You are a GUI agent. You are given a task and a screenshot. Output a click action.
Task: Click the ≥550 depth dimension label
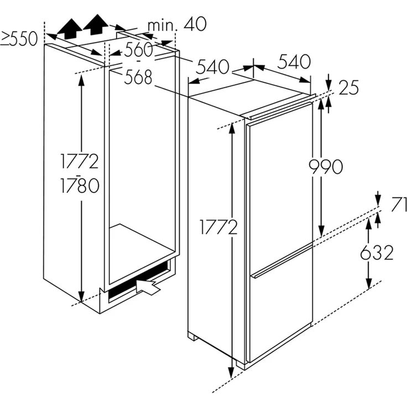tap(19, 39)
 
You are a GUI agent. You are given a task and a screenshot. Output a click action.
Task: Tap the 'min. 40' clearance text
tap(177, 24)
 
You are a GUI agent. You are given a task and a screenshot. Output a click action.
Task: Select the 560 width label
tap(138, 49)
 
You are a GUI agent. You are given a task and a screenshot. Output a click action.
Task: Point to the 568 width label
tap(138, 77)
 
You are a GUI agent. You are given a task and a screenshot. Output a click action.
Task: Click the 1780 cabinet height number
tap(80, 185)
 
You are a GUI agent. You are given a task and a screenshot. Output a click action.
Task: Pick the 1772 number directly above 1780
tap(80, 161)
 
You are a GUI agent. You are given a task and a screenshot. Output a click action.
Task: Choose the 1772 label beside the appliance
tap(218, 227)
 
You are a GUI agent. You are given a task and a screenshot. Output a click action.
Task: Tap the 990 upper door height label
tap(326, 167)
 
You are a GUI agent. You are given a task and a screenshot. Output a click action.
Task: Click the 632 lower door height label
tap(377, 252)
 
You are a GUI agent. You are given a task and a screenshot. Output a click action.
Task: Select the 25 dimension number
tap(348, 87)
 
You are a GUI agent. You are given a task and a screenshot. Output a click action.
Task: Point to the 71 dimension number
tap(399, 204)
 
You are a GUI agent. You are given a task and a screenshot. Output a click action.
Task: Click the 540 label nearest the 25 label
tap(294, 62)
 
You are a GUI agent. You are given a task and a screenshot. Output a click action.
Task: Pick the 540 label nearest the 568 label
tap(212, 67)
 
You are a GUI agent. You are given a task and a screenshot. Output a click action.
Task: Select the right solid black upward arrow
tap(96, 24)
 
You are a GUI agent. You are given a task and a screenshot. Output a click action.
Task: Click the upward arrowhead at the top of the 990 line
tap(321, 105)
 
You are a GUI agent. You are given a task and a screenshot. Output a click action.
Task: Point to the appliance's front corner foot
tap(241, 364)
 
